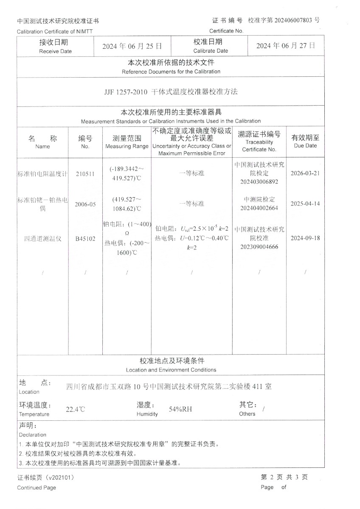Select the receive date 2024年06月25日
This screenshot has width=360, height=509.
[132, 46]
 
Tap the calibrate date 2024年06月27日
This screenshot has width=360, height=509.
[286, 46]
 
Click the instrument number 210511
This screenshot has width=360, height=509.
[85, 174]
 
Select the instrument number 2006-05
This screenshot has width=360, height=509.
[85, 204]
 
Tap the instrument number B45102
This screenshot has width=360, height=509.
[85, 239]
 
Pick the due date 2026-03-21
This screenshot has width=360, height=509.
[305, 174]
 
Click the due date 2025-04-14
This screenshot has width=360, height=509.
[305, 204]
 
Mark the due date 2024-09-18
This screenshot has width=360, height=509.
[305, 238]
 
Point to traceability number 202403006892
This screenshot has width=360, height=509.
[259, 182]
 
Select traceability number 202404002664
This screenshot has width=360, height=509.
[259, 208]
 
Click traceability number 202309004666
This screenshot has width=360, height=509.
[259, 246]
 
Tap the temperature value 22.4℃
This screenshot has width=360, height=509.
[75, 409]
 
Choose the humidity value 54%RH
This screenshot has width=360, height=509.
[180, 409]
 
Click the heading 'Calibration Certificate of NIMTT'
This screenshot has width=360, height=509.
[54, 31]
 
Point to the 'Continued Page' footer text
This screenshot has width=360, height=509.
[37, 487]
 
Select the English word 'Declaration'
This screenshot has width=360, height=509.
[33, 435]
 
